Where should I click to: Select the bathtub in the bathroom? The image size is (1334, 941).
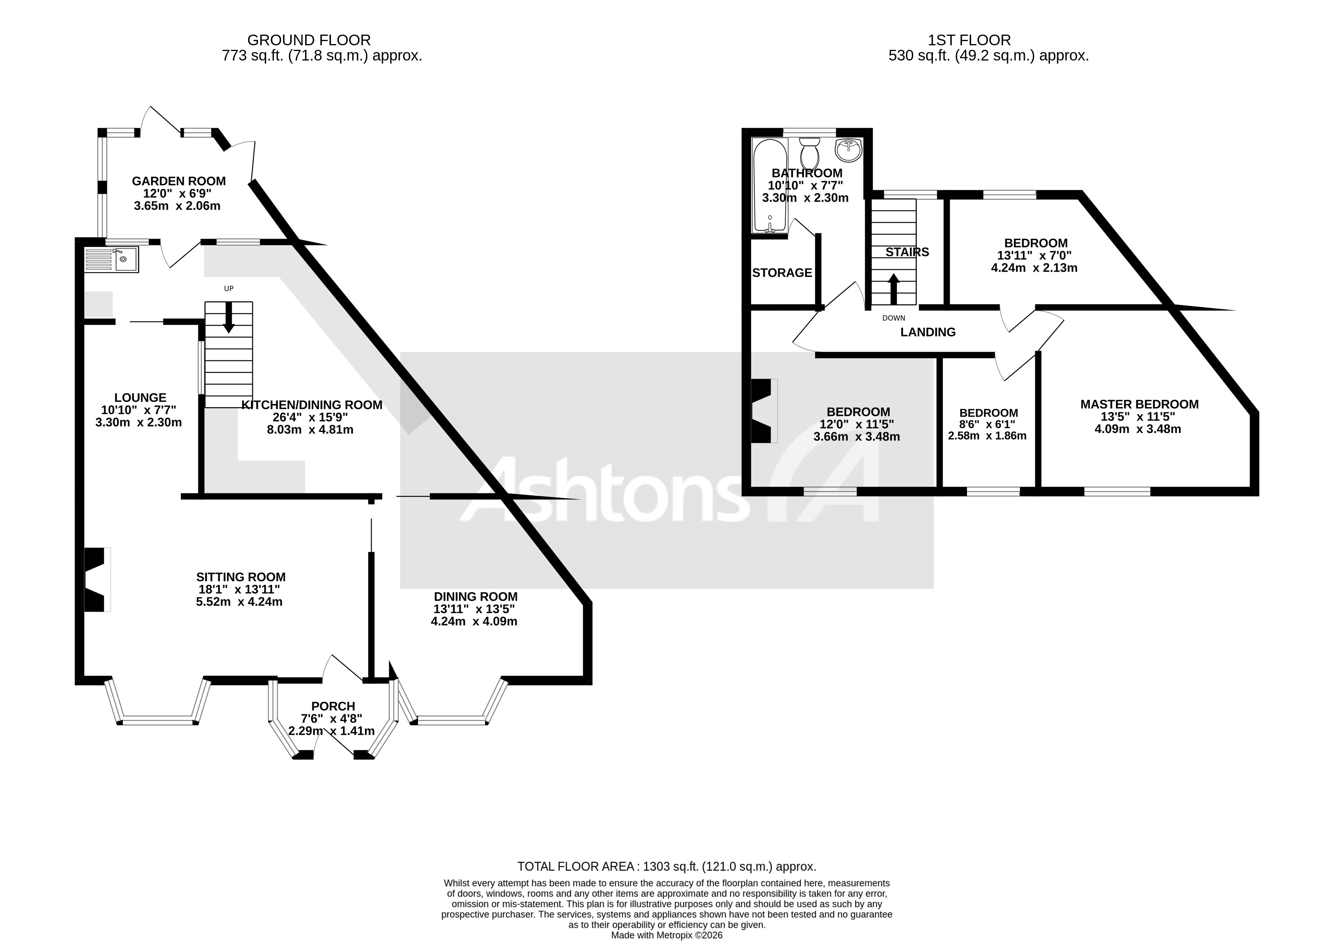click(769, 186)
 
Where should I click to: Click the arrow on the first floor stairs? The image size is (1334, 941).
click(893, 289)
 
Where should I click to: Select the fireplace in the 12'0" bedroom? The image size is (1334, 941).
click(763, 411)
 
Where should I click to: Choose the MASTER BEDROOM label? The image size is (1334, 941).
click(1139, 404)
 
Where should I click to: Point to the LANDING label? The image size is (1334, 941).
click(927, 332)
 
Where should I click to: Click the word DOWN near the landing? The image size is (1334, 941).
click(893, 318)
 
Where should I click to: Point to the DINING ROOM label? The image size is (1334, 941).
click(475, 596)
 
